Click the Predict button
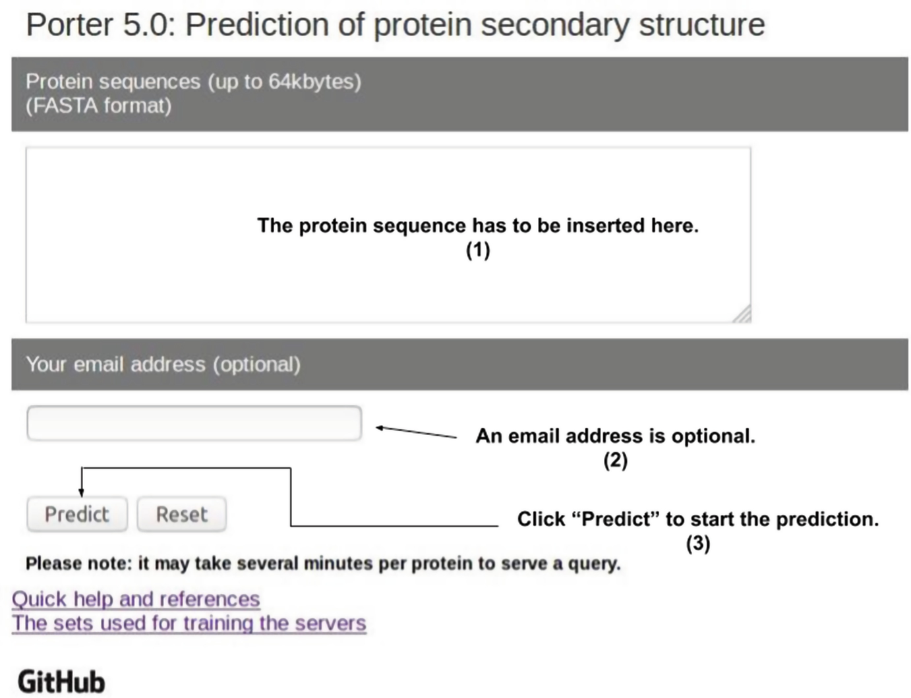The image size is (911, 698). coord(76,514)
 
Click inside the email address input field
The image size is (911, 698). coord(194,423)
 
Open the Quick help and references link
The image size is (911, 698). coord(136,599)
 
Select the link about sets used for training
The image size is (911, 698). coord(189,624)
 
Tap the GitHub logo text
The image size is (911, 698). coord(61,682)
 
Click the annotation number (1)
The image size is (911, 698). coord(478,250)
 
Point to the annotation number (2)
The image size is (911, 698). coord(615,460)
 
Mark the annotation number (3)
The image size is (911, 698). coord(697,544)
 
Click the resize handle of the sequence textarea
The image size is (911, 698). coord(743,315)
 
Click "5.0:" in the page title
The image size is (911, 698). coord(149,25)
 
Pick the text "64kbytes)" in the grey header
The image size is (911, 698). coord(314,82)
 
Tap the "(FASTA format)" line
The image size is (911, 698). coord(98,105)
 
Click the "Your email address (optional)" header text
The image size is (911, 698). coord(163,364)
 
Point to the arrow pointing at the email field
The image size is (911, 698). coord(415,432)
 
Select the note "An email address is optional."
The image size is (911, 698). coord(615,436)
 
